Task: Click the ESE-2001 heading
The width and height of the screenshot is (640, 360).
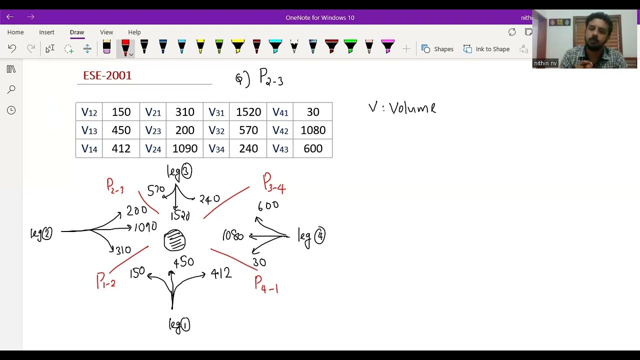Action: pos(107,75)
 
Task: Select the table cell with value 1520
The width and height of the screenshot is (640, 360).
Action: pos(248,112)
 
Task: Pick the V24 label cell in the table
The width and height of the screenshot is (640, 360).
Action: pos(153,148)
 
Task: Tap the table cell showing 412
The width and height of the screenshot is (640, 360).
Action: pos(121,148)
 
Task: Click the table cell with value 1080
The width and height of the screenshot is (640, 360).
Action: pos(313,130)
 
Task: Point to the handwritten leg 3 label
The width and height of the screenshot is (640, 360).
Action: pos(179,171)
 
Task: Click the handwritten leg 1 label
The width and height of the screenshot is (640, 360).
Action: pos(179,325)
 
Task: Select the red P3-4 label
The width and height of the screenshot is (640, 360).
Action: pos(274,183)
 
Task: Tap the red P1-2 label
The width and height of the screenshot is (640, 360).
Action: pos(106,281)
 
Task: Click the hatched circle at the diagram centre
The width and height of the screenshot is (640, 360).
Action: pos(174,240)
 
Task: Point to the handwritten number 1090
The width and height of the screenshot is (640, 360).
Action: pos(145,227)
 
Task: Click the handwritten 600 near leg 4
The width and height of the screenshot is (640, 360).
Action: pos(268,205)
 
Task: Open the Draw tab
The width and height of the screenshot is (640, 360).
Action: pos(77,32)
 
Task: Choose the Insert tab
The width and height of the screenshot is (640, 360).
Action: pos(46,32)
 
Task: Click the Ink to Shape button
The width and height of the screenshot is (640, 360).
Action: pos(486,49)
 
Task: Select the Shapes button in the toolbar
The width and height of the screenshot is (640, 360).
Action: pos(437,49)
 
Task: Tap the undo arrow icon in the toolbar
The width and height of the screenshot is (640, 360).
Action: pos(12,48)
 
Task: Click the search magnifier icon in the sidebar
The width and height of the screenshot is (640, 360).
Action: pos(11,89)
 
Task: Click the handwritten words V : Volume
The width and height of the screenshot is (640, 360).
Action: pos(402,108)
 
